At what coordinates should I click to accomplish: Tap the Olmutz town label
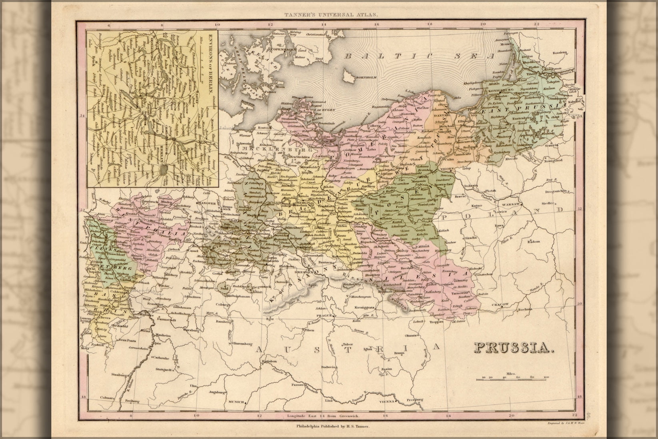[411, 335]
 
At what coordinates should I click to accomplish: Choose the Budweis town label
[329, 367]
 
